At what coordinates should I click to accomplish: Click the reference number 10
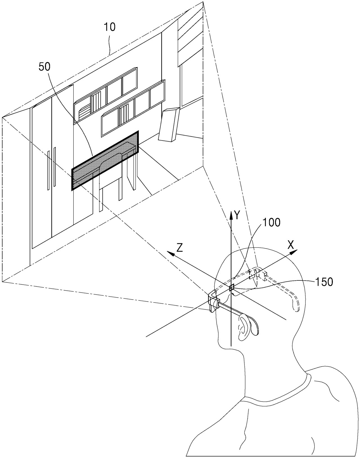(x=110, y=27)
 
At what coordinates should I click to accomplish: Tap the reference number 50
(x=44, y=67)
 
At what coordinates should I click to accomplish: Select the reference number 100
(x=271, y=222)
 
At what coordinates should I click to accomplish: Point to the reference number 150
(x=324, y=282)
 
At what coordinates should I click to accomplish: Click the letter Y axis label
(x=238, y=215)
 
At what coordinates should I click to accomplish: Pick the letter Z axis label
(x=179, y=248)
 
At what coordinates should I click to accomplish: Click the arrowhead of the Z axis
(x=170, y=253)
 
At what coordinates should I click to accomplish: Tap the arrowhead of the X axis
(x=294, y=252)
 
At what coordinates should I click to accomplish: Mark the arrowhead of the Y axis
(x=231, y=213)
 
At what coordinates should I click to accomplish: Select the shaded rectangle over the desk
(x=105, y=160)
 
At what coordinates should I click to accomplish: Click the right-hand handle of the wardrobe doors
(x=55, y=167)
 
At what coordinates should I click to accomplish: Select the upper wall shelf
(x=106, y=96)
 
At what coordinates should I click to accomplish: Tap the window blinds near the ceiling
(x=191, y=34)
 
